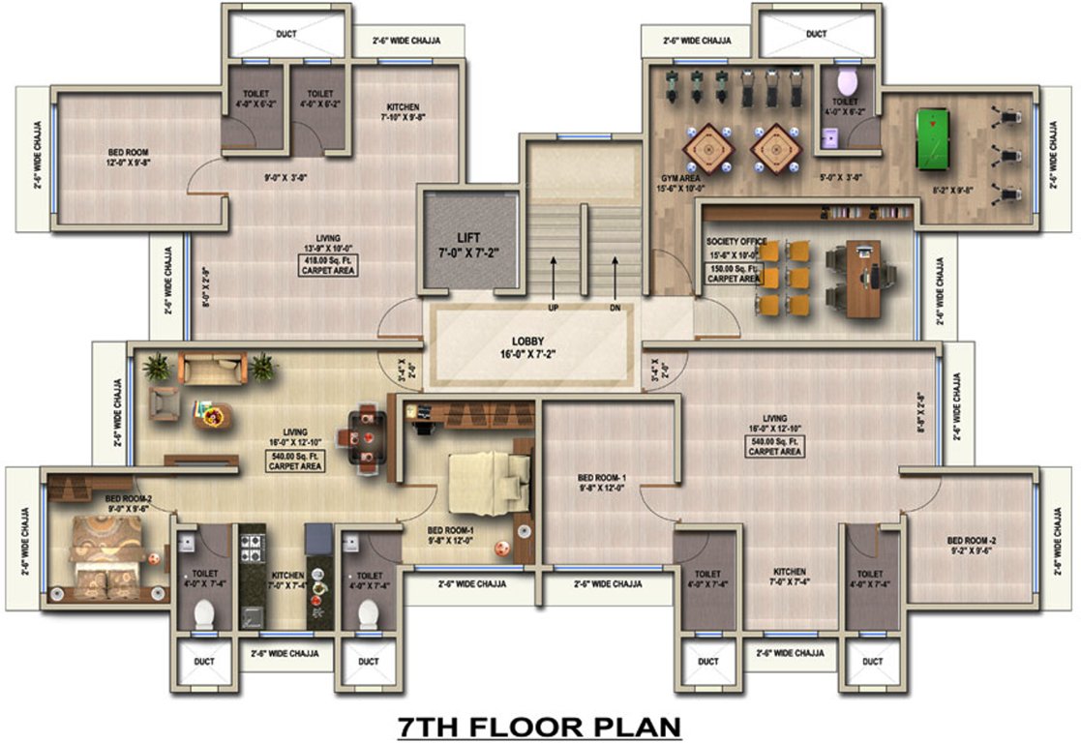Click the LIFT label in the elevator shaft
[x=467, y=237]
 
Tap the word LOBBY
[x=532, y=342]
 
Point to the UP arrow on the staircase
[x=554, y=281]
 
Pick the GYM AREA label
[x=681, y=179]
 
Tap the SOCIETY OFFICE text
[x=736, y=241]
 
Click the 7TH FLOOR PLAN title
[x=540, y=726]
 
